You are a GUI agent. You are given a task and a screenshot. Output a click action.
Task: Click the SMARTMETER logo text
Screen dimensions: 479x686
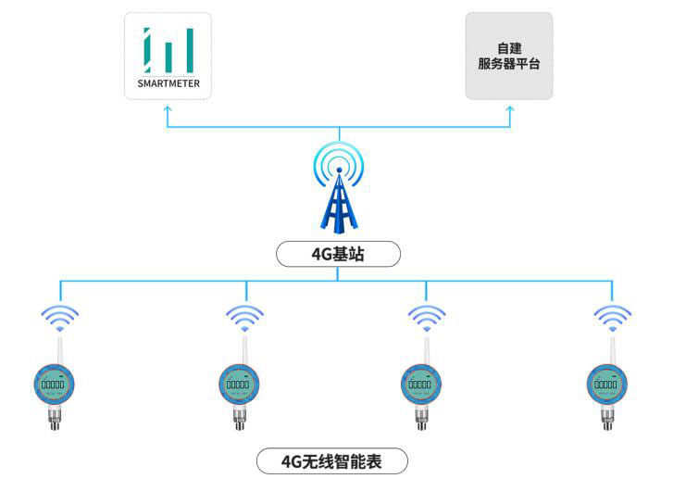168,85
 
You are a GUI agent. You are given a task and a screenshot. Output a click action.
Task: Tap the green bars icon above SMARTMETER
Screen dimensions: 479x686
168,51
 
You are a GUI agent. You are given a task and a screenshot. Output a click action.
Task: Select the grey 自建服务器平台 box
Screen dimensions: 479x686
508,56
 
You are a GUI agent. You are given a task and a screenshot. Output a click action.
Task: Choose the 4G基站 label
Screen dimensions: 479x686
339,253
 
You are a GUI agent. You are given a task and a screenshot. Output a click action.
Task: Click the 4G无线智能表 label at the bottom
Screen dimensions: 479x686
331,460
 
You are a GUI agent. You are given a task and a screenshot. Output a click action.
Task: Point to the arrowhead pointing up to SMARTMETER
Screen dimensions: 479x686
168,110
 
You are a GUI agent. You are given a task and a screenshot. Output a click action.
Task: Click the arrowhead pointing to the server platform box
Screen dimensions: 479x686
509,110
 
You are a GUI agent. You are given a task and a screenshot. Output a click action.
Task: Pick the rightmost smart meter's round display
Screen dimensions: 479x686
607,383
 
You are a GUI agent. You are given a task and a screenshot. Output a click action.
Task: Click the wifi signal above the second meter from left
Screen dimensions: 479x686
244,317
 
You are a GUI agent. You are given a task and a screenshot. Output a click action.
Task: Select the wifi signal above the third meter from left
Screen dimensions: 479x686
427,317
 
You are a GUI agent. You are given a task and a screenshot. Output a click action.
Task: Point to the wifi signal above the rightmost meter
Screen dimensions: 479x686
612,317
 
